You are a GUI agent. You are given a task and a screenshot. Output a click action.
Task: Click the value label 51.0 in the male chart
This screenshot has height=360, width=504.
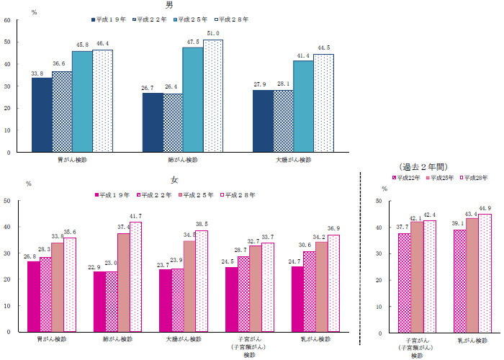click(x=213, y=34)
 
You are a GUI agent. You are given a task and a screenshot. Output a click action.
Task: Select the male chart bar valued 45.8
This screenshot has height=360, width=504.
click(x=82, y=102)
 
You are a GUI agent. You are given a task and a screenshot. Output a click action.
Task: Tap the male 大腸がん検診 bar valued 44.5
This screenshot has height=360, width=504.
click(x=323, y=103)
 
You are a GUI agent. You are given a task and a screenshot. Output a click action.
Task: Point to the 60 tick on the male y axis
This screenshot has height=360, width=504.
click(x=6, y=20)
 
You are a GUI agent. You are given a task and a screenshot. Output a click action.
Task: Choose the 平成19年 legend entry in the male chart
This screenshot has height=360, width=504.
click(x=111, y=20)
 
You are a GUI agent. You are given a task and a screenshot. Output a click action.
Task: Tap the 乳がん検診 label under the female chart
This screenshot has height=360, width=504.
click(x=315, y=338)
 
